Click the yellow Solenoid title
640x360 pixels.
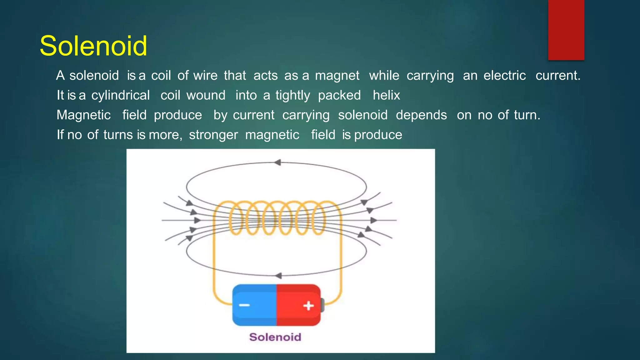(93, 46)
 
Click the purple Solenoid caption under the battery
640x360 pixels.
(275, 337)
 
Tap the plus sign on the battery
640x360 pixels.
(308, 306)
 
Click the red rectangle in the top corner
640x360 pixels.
(566, 30)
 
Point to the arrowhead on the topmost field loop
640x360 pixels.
(277, 162)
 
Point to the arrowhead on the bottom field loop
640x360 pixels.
(278, 276)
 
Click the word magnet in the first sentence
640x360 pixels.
(337, 76)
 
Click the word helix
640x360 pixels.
(386, 95)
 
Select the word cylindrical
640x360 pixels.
(120, 95)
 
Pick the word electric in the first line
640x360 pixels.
(504, 76)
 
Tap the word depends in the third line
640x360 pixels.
(421, 115)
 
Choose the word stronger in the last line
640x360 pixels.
(213, 135)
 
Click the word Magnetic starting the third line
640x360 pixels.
(83, 115)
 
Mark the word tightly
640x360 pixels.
(292, 95)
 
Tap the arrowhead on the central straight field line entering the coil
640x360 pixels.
(197, 220)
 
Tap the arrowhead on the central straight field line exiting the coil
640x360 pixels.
(373, 220)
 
